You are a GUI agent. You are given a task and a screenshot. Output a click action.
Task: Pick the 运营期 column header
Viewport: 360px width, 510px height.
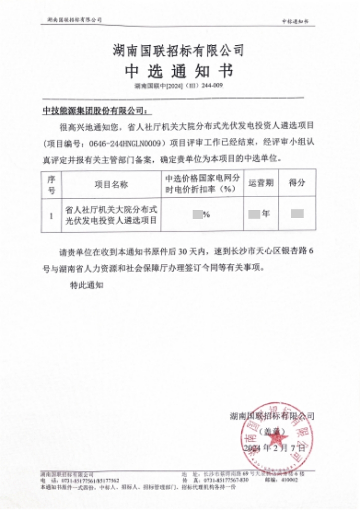pyautogui.click(x=261, y=183)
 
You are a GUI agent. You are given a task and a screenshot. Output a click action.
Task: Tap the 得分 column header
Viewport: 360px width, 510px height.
pyautogui.click(x=297, y=183)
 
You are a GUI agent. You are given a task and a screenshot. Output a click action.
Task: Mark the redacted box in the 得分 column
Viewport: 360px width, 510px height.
pyautogui.click(x=297, y=215)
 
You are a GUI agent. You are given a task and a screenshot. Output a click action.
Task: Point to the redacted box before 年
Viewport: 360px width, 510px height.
pyautogui.click(x=254, y=215)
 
